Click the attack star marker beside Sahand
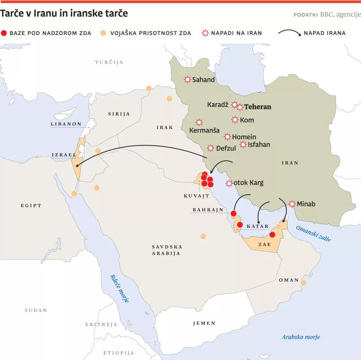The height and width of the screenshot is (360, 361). pyautogui.click(x=187, y=79)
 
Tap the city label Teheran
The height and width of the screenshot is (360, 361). pyautogui.click(x=258, y=107)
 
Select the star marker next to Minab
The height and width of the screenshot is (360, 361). pyautogui.click(x=292, y=204)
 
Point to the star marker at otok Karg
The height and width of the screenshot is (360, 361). pyautogui.click(x=229, y=183)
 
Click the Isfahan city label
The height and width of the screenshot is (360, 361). pyautogui.click(x=259, y=145)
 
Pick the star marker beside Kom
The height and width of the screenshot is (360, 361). pyautogui.click(x=235, y=120)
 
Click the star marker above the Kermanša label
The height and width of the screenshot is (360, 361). pyautogui.click(x=199, y=122)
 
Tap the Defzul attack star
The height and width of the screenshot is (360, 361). pyautogui.click(x=210, y=148)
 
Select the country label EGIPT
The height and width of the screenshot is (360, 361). pyautogui.click(x=31, y=205)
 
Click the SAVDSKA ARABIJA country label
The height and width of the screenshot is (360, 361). pyautogui.click(x=167, y=250)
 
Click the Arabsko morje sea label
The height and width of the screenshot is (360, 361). pyautogui.click(x=301, y=337)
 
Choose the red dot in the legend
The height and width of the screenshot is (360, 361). pyautogui.click(x=4, y=33)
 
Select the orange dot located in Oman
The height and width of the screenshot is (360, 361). pyautogui.click(x=304, y=282)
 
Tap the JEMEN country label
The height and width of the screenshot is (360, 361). pyautogui.click(x=204, y=323)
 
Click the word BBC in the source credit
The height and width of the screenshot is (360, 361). pyautogui.click(x=326, y=15)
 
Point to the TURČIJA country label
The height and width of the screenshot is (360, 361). pyautogui.click(x=109, y=62)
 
